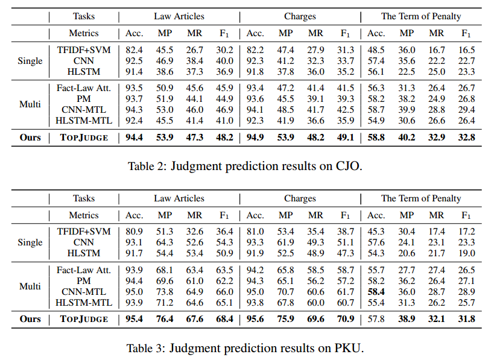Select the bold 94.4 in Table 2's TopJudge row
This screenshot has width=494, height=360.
(x=134, y=137)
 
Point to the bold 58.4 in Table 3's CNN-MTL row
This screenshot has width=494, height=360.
(x=376, y=291)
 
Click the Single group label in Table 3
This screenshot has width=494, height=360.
(x=30, y=242)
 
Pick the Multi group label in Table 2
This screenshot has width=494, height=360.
(x=30, y=104)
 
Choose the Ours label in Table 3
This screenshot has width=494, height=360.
(x=30, y=318)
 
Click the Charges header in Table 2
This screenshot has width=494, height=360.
(x=300, y=16)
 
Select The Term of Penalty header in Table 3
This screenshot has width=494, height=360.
(x=421, y=198)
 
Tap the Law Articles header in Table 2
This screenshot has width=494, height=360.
(x=179, y=16)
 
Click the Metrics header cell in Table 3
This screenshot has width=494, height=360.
(x=84, y=215)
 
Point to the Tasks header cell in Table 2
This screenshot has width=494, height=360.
(x=84, y=16)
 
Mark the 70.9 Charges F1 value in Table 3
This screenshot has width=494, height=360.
(x=345, y=318)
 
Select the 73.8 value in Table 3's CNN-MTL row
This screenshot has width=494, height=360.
(x=164, y=291)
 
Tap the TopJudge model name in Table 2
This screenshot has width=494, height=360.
(x=84, y=137)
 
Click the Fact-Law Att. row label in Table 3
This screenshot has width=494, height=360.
(x=84, y=270)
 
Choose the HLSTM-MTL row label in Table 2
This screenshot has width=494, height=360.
(x=84, y=121)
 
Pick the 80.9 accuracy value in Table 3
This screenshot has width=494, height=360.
(x=134, y=232)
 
